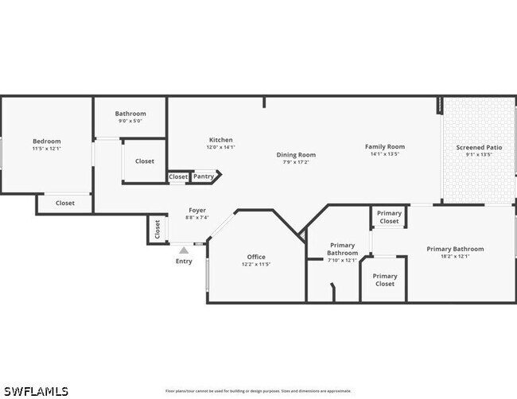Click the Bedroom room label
pos(46,141)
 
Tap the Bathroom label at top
pos(130,114)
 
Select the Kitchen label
pos(220,140)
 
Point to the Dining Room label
pos(296,155)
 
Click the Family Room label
pos(385,146)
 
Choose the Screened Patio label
pos(479,148)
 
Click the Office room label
pos(256,257)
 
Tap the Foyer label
pos(197,210)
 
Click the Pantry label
pos(204,176)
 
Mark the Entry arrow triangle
pos(184,250)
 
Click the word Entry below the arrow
pos(184,261)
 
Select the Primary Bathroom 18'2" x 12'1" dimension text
pos(455,256)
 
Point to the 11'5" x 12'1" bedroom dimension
pos(46,149)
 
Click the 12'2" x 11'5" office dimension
pos(256,264)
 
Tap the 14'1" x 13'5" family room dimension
pos(385,154)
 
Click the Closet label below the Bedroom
pos(65,203)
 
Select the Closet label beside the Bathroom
pos(145,161)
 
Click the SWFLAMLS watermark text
pos(36,391)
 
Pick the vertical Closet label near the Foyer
pos(157,230)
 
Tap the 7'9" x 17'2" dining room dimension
pos(296,162)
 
